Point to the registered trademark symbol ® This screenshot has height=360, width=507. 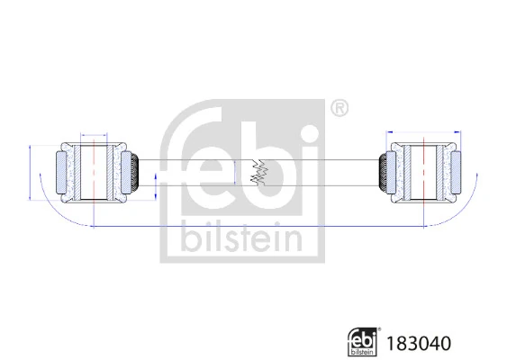339,108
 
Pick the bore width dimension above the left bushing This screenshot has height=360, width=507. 94,131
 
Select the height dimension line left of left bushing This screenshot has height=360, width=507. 32,171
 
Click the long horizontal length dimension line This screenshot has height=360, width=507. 257,226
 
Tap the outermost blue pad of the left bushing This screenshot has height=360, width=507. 62,171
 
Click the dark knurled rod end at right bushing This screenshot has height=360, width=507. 382,171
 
